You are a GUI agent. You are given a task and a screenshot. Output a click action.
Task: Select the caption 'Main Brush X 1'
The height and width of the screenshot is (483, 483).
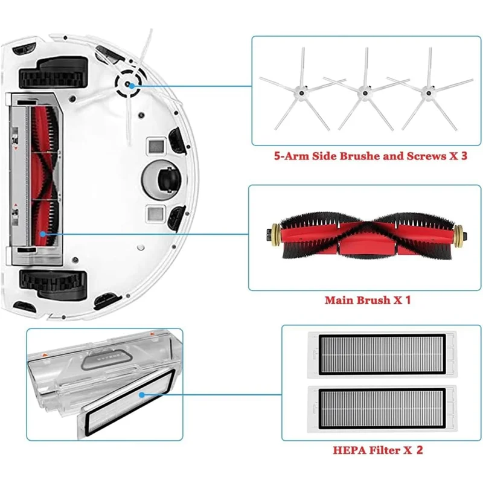click(367, 300)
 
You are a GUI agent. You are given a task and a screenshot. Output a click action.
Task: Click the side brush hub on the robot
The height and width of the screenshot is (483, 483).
click(132, 85)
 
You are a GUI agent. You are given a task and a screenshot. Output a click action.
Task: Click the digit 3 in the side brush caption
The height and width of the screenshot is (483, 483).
click(464, 156)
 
